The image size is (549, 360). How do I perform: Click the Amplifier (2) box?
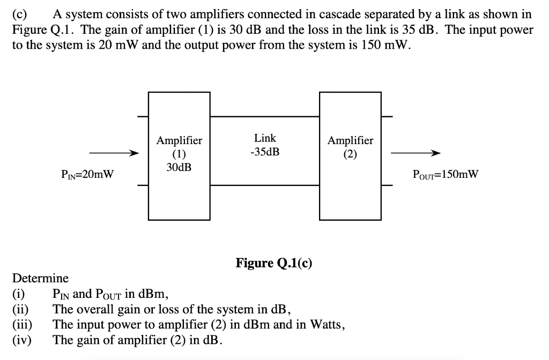pos(350,155)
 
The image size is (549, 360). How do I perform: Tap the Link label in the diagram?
pos(265,138)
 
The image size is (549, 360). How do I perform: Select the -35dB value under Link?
pos(265,152)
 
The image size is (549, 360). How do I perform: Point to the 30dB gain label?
pos(179,167)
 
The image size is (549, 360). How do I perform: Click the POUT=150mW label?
pos(446,174)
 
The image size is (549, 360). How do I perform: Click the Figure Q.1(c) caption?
pos(274,262)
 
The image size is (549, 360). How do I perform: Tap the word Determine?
pos(40,279)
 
